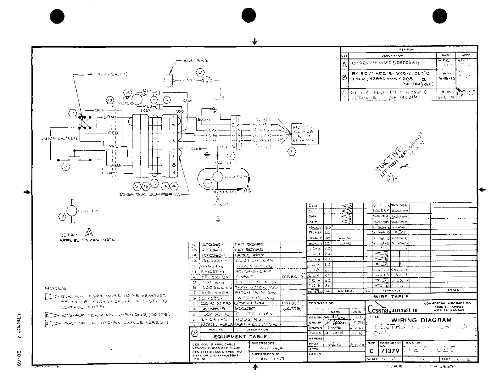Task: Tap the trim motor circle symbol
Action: coord(137,99)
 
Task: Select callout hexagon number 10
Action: coord(109,101)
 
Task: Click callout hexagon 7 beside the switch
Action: coord(72,113)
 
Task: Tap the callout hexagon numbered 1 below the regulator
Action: coord(292,152)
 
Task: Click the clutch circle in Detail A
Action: coord(72,210)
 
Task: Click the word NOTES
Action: coord(56,288)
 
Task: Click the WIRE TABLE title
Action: coord(391,297)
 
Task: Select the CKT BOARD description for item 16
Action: coord(248,244)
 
